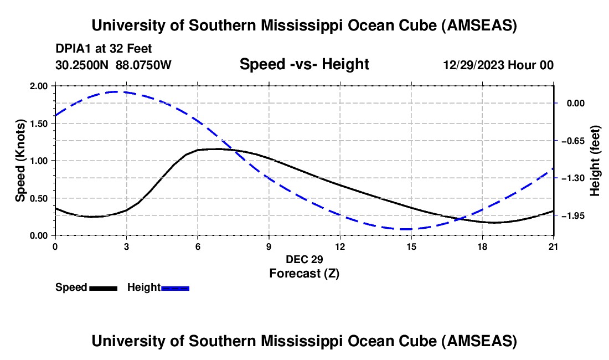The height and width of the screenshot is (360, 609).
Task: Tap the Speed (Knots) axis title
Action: pyautogui.click(x=20, y=161)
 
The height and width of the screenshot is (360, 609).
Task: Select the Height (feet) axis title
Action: pyautogui.click(x=595, y=161)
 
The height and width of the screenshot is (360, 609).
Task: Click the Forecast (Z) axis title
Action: pyautogui.click(x=304, y=273)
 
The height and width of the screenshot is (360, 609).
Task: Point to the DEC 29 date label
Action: pyautogui.click(x=304, y=259)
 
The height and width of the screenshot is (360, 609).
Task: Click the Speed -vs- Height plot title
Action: pyautogui.click(x=304, y=64)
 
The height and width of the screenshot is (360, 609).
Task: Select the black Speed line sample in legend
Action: pyautogui.click(x=103, y=288)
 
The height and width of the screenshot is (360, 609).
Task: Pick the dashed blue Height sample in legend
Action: pyautogui.click(x=175, y=288)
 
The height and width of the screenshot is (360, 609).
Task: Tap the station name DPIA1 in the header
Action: pyautogui.click(x=71, y=49)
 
